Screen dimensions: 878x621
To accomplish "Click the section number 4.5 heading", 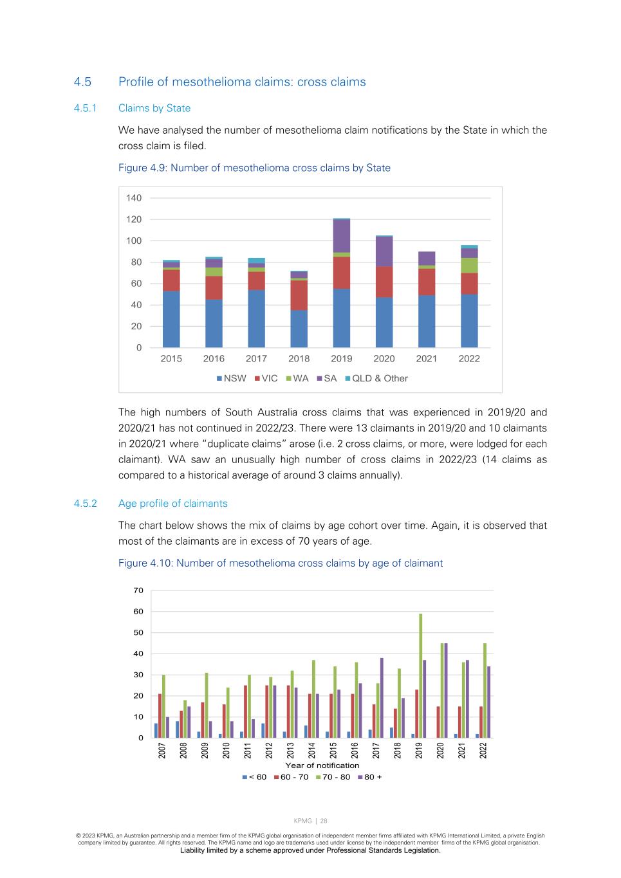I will (x=82, y=82).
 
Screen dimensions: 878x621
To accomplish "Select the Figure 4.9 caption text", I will (x=254, y=168).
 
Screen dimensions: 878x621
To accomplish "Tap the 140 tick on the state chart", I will (x=134, y=198).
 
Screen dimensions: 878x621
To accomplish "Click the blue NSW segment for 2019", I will (x=342, y=318).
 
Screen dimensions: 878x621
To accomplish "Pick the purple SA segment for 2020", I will (x=384, y=252).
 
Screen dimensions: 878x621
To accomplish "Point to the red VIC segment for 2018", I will (x=299, y=295).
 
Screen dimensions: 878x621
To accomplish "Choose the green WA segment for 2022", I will (x=469, y=265).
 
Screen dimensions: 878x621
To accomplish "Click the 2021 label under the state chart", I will (x=427, y=359).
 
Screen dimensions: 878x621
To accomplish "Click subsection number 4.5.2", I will (x=85, y=504).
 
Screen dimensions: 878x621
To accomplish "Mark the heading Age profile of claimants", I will (x=173, y=504).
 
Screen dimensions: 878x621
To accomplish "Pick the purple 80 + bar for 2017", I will (x=382, y=698).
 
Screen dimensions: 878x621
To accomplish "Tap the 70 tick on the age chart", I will (x=138, y=590).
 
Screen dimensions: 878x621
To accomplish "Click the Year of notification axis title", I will (x=322, y=765).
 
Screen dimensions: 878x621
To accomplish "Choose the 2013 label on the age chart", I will (x=290, y=751).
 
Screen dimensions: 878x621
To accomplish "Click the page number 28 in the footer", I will (x=324, y=821).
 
